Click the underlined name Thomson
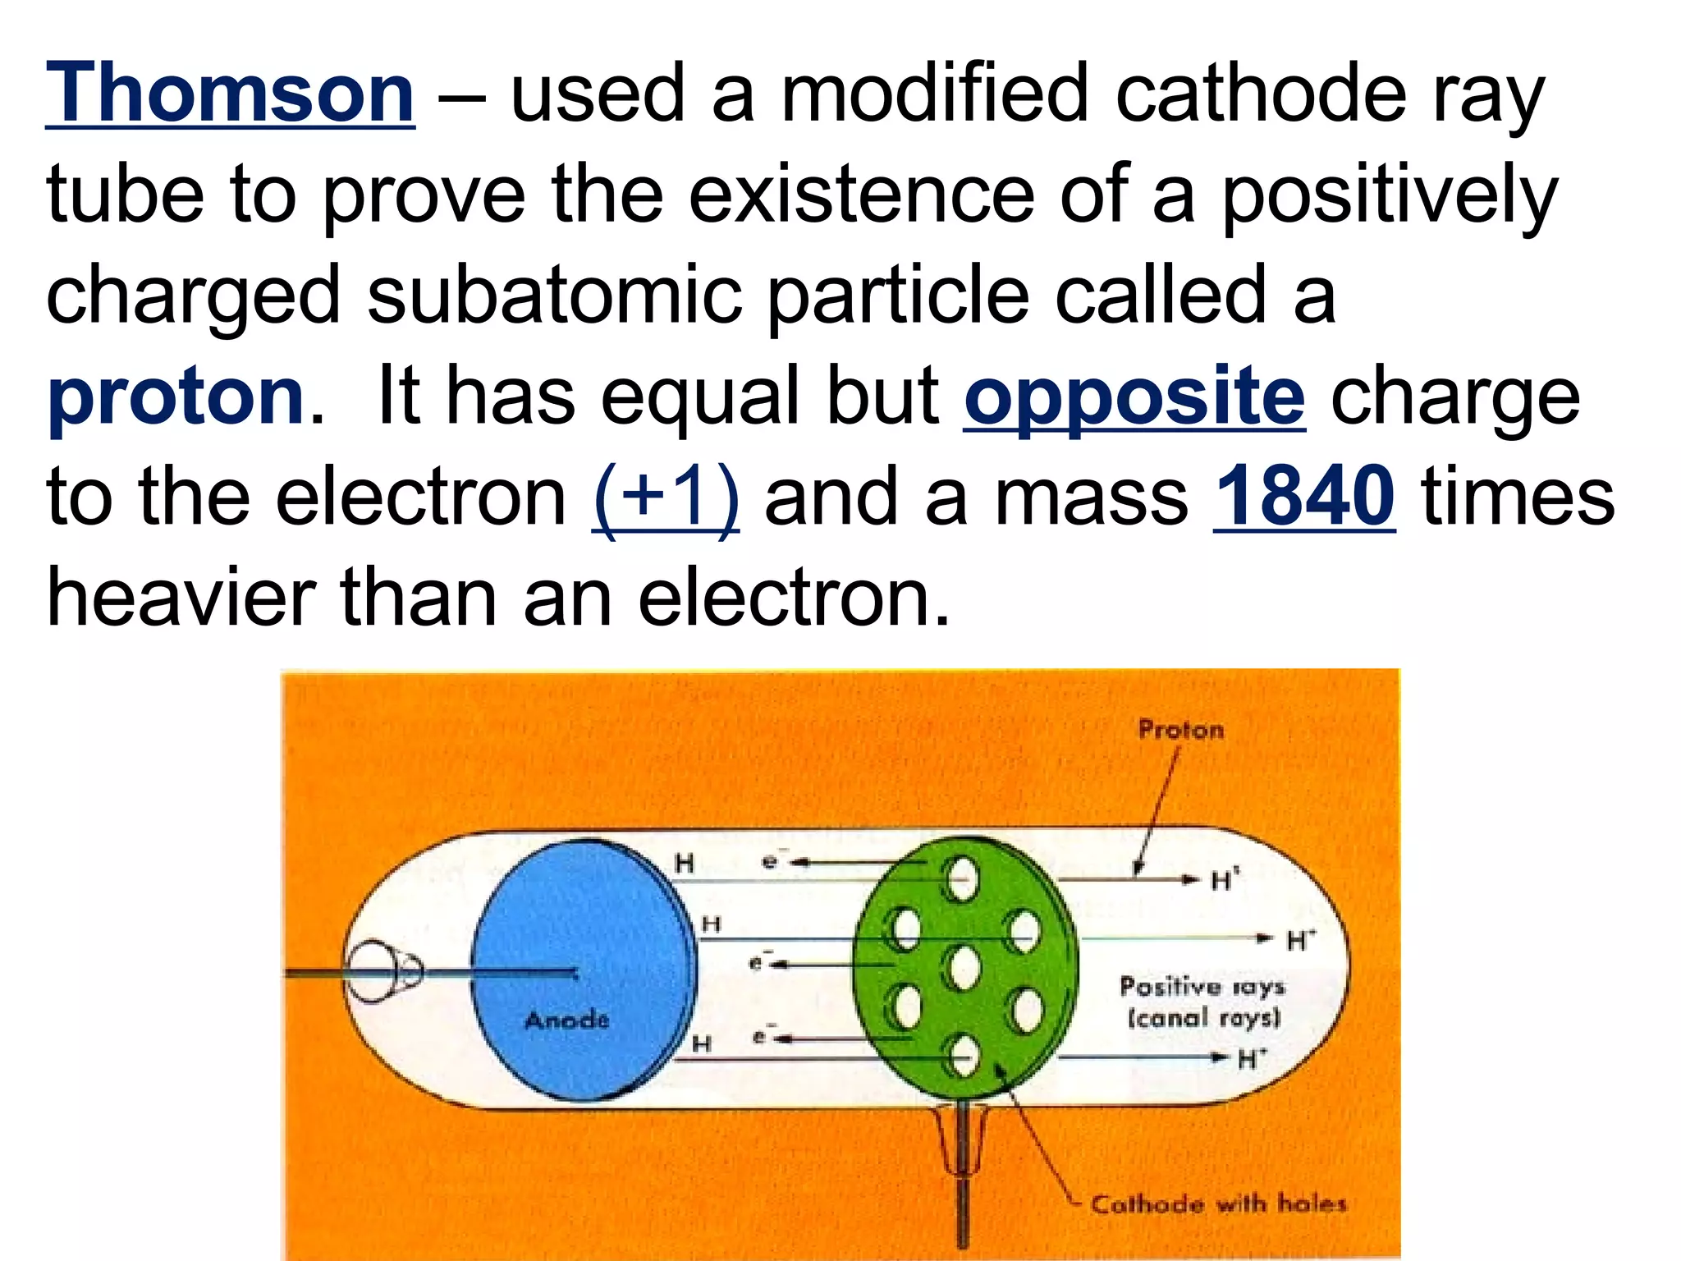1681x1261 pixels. click(x=230, y=94)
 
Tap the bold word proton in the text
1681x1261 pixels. click(x=176, y=399)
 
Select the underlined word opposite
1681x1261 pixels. click(x=1134, y=397)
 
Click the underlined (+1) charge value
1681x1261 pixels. click(x=665, y=498)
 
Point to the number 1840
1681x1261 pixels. click(x=1304, y=498)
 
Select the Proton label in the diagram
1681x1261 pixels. click(x=1180, y=730)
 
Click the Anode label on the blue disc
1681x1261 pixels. click(x=566, y=1020)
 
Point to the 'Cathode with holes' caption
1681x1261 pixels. click(x=1218, y=1204)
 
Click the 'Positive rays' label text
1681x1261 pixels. click(x=1202, y=986)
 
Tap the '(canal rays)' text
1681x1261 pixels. click(x=1204, y=1019)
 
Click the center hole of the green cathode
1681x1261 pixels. click(x=965, y=969)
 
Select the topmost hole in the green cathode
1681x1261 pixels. click(x=962, y=880)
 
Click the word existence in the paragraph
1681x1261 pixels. click(x=862, y=195)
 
